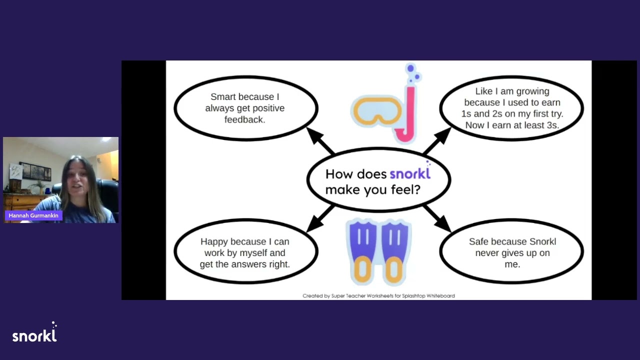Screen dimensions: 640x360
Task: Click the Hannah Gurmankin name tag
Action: click(33, 215)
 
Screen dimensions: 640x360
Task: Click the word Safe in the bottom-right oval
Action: click(478, 241)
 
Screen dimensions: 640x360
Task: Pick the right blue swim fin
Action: click(394, 252)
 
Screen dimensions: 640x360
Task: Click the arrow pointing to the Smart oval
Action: click(320, 140)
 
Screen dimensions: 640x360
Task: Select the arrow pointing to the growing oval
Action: click(437, 140)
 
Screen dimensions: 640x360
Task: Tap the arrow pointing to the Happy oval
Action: click(320, 218)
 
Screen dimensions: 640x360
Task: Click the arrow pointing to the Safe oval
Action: click(437, 218)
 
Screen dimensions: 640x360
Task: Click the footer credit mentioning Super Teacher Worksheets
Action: click(378, 295)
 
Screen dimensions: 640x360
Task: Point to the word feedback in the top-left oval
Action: click(245, 119)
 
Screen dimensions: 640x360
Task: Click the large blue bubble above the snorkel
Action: click(410, 68)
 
